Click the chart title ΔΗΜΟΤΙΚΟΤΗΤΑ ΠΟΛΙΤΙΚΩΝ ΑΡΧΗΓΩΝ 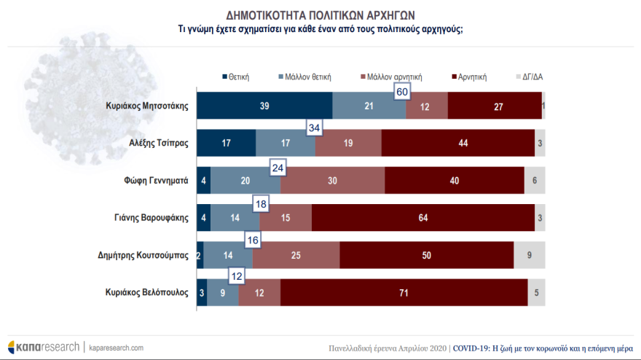click(x=320, y=14)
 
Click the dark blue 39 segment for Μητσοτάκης click(x=265, y=106)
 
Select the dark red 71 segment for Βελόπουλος click(x=404, y=292)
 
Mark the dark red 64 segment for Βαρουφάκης click(x=423, y=217)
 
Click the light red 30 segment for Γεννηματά click(x=333, y=180)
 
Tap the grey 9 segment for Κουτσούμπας click(x=530, y=255)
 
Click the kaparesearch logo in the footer click(x=44, y=347)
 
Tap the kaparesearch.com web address click(x=117, y=348)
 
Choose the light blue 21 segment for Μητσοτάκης click(x=369, y=106)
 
